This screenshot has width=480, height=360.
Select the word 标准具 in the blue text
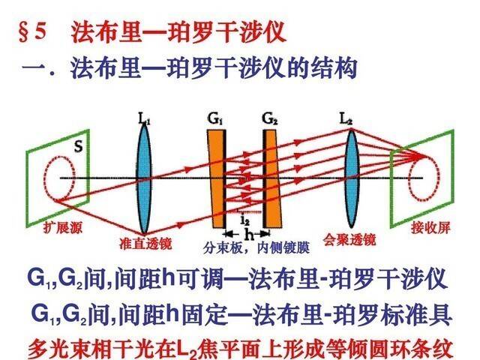[424, 313]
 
